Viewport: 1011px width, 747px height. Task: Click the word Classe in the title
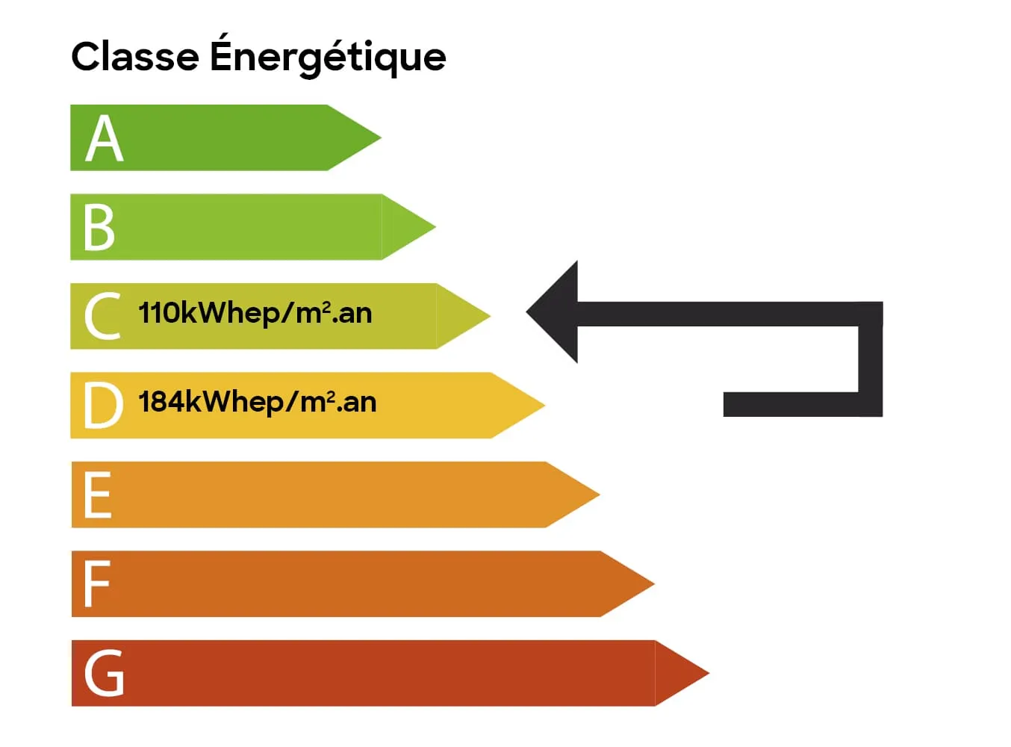click(135, 57)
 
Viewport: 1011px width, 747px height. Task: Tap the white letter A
click(104, 138)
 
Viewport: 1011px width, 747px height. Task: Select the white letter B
click(99, 227)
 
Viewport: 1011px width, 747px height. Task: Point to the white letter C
click(102, 316)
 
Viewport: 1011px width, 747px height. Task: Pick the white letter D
click(102, 405)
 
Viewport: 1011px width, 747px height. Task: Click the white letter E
click(98, 495)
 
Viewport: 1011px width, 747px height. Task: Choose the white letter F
click(97, 583)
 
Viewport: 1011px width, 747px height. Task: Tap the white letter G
click(104, 673)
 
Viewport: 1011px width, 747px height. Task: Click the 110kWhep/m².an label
click(255, 313)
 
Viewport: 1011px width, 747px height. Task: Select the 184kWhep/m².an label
click(257, 402)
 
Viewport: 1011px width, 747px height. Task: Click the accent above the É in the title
click(226, 34)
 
